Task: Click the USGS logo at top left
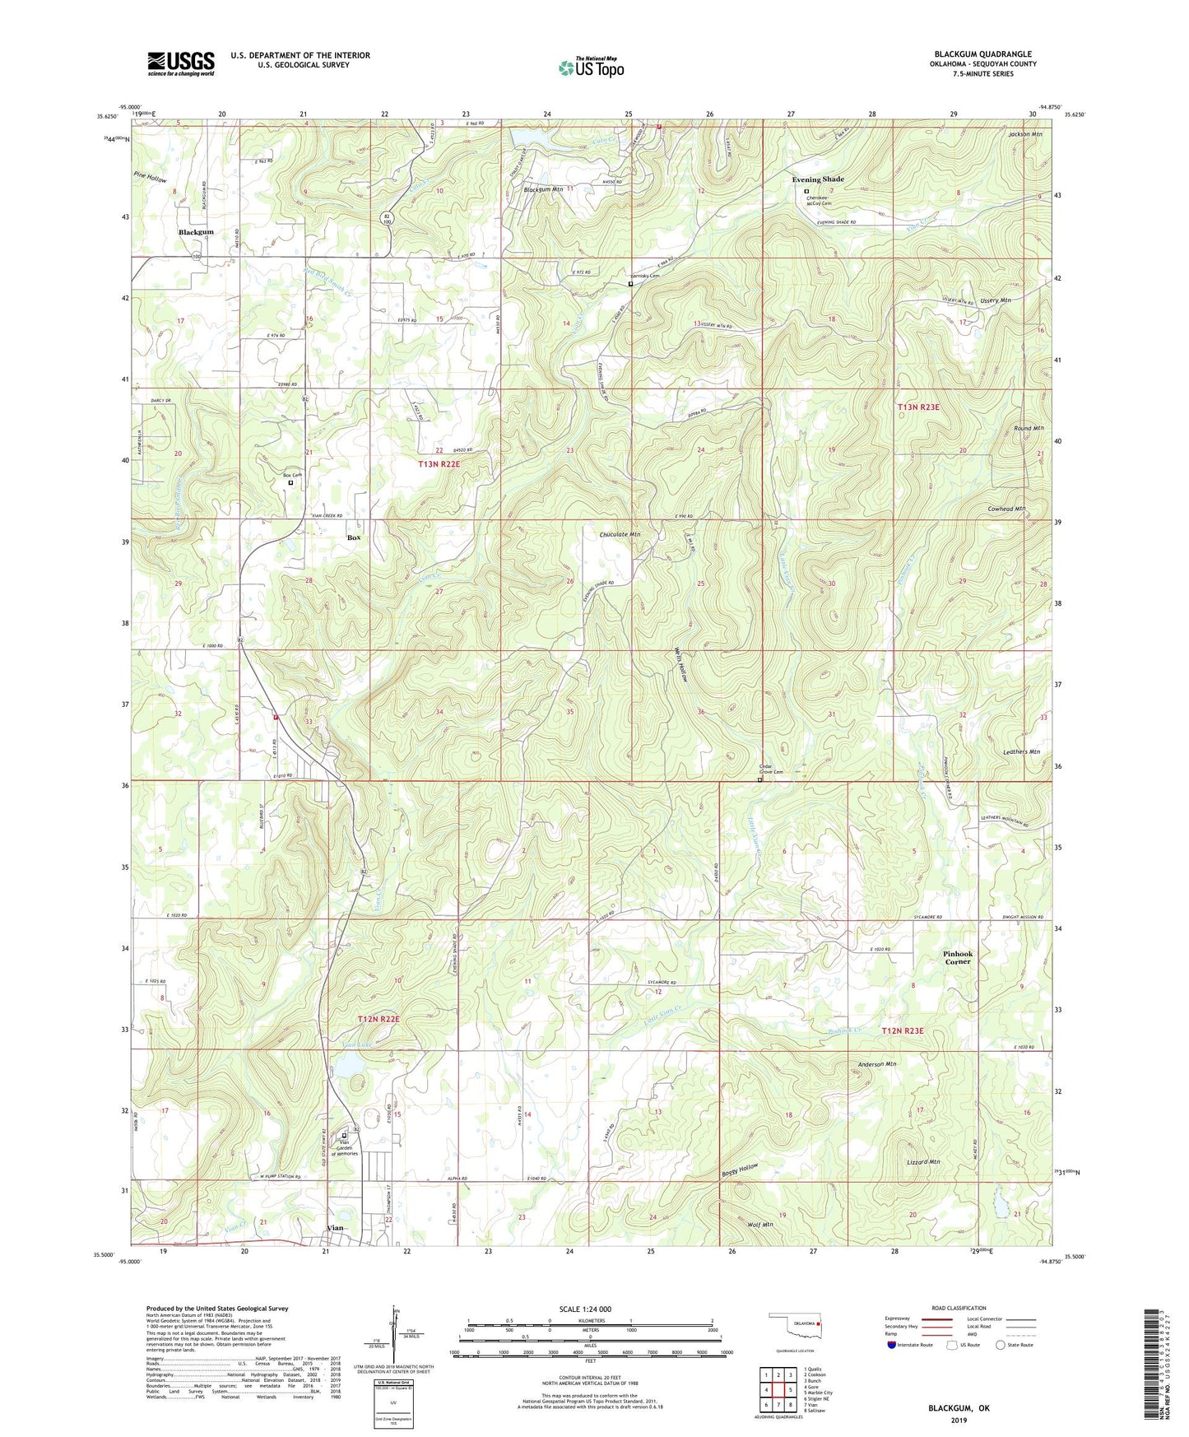(181, 63)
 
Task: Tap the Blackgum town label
(196, 232)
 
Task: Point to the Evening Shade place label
(818, 179)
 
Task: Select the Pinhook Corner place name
(958, 958)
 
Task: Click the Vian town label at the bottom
(335, 1228)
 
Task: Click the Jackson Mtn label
(1024, 134)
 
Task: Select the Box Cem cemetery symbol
(290, 483)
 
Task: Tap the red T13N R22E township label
(444, 464)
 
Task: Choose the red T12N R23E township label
(903, 1031)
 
